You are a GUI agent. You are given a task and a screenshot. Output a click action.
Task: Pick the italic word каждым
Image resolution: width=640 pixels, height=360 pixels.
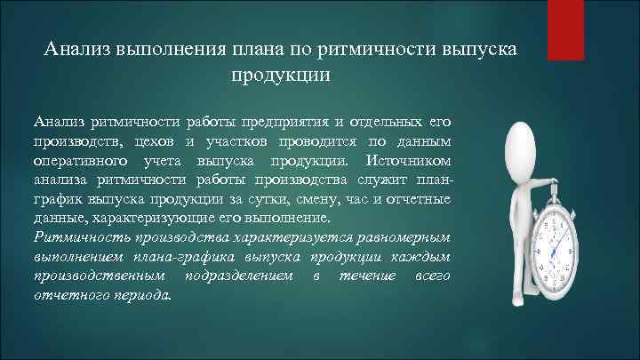click(426, 258)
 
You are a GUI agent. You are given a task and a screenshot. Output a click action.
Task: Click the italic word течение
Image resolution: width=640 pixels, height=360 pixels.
click(362, 277)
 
